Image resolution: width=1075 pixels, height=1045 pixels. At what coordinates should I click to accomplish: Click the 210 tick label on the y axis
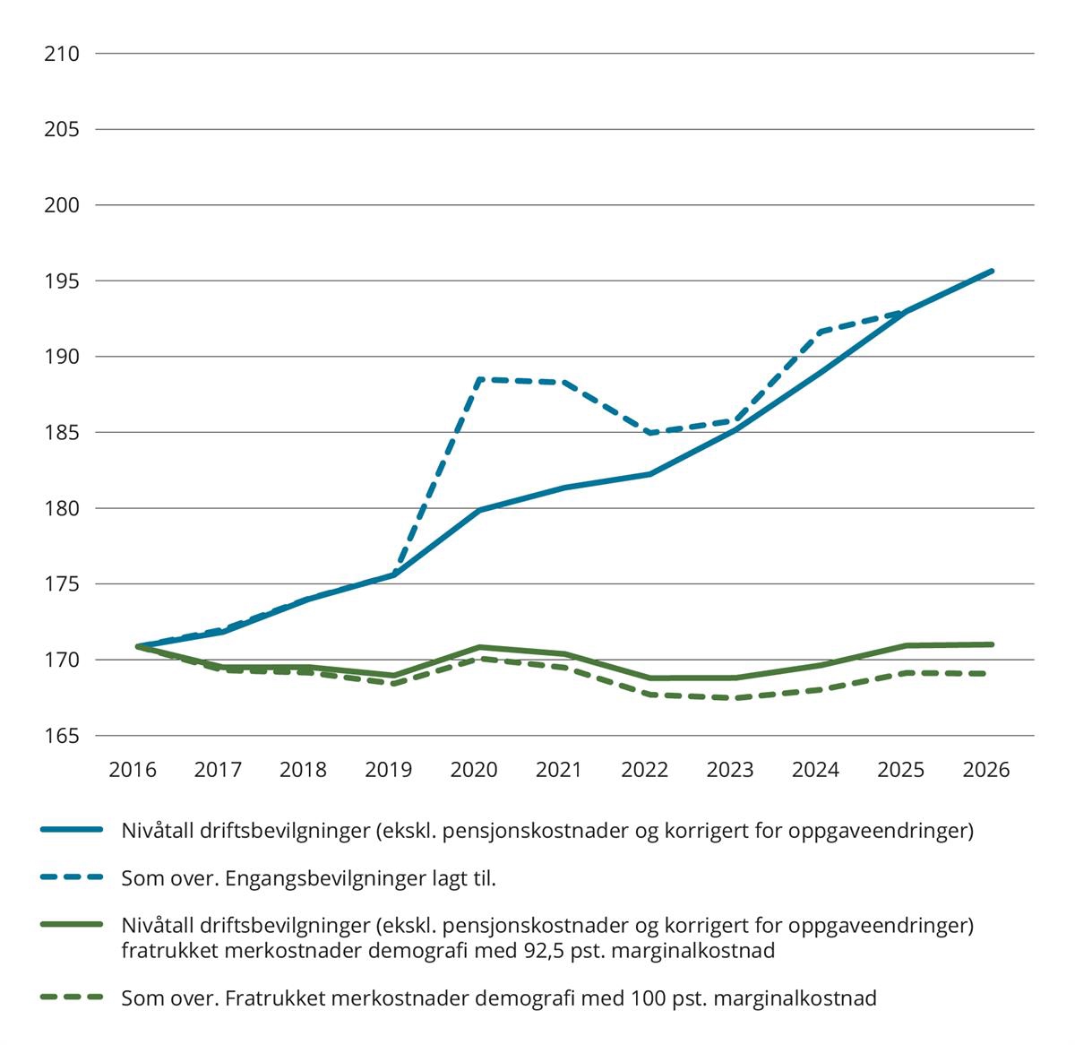(x=62, y=54)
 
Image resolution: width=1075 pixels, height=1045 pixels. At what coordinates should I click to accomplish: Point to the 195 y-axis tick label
(x=62, y=281)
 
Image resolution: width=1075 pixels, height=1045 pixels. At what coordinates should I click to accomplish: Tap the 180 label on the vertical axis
(x=62, y=509)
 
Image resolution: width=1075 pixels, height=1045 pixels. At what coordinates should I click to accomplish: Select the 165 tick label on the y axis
(x=62, y=737)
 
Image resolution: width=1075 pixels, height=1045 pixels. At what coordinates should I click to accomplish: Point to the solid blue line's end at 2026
(x=992, y=271)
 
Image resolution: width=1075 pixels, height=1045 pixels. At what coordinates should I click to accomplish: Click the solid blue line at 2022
(x=648, y=474)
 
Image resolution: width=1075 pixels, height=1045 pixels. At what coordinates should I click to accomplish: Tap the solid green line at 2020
(x=478, y=647)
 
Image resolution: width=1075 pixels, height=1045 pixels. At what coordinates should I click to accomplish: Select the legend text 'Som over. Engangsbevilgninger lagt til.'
(x=309, y=878)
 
